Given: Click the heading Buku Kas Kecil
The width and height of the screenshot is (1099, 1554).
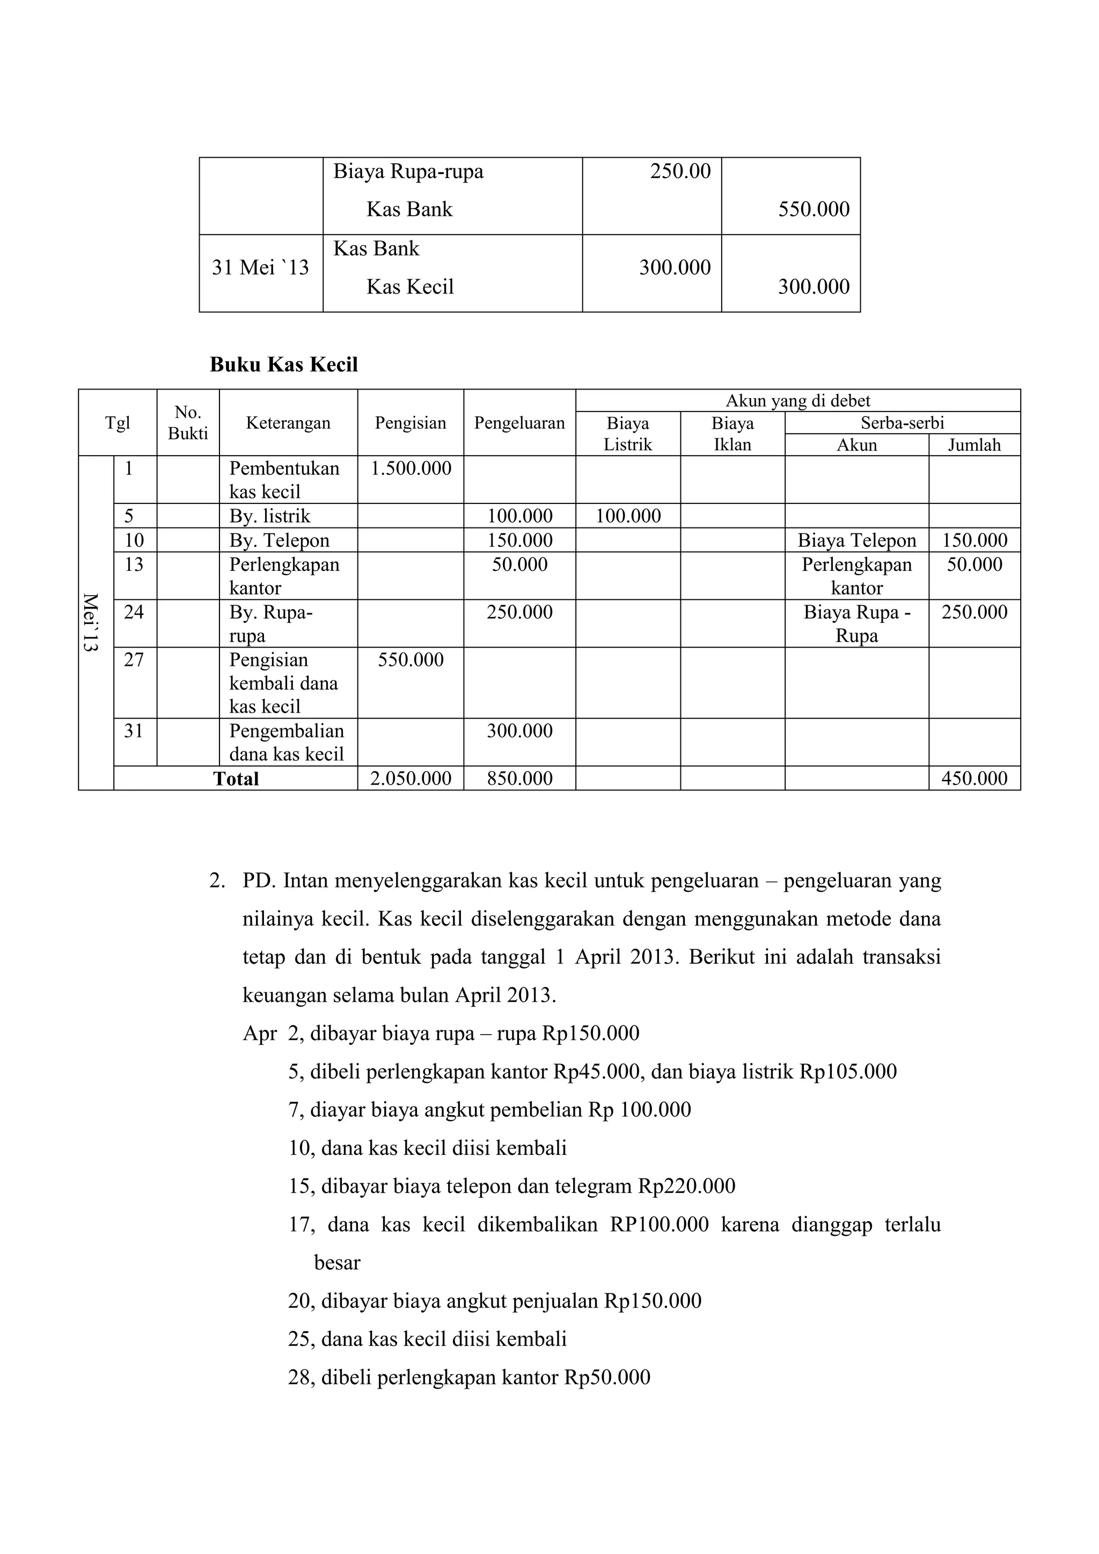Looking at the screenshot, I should [283, 365].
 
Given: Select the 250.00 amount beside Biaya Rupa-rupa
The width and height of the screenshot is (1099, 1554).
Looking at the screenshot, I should [680, 172].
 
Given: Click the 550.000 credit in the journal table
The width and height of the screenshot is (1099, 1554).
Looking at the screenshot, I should [814, 210].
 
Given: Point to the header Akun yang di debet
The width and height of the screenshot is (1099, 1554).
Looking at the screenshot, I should [797, 401].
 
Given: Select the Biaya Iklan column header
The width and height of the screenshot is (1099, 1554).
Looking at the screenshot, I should [732, 434].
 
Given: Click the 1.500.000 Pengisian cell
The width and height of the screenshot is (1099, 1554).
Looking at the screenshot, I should [411, 468].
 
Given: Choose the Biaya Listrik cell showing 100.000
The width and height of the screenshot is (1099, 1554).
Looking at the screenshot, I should [628, 516].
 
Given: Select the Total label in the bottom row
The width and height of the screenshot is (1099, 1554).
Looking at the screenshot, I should [236, 779].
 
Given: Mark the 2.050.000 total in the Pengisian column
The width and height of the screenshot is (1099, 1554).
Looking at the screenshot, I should [411, 779].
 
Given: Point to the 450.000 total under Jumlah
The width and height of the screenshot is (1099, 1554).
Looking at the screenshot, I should [974, 779].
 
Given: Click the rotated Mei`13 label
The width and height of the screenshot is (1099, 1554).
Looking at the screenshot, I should [91, 622].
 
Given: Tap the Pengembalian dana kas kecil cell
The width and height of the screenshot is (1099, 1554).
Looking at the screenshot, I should [286, 743].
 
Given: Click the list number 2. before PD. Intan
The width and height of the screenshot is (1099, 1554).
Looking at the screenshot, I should [217, 881].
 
